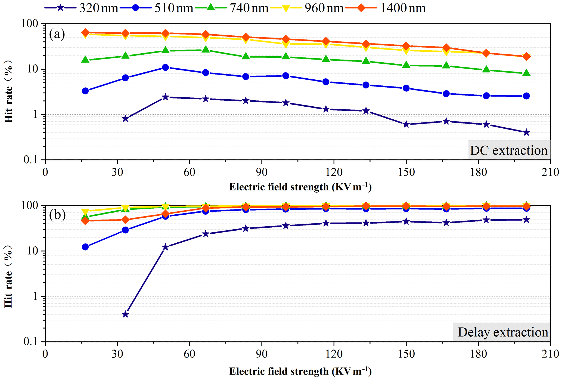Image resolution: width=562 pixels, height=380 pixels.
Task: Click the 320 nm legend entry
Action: pyautogui.click(x=82, y=8)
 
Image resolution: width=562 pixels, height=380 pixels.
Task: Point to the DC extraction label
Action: pyautogui.click(x=509, y=150)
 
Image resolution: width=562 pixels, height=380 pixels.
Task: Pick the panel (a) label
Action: pyautogui.click(x=57, y=34)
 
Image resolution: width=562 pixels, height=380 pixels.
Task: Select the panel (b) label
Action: pyautogui.click(x=57, y=215)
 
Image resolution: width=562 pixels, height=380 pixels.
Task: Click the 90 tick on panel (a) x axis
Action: pyautogui.click(x=262, y=172)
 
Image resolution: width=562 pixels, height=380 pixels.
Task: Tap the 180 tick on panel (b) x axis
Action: pyautogui.click(x=478, y=354)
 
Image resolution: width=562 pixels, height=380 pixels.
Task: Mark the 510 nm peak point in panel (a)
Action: pyautogui.click(x=165, y=67)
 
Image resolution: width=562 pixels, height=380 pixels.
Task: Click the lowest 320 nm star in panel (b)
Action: pyautogui.click(x=125, y=314)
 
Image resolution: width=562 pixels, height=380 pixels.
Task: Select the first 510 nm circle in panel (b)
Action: pyautogui.click(x=85, y=247)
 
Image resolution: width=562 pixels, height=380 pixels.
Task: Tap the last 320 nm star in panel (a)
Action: pyautogui.click(x=526, y=132)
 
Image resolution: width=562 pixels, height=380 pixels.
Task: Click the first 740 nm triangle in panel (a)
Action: pyautogui.click(x=85, y=60)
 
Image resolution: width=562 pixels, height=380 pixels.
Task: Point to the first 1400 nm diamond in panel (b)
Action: pyautogui.click(x=85, y=221)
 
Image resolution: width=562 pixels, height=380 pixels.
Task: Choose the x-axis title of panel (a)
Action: pyautogui.click(x=300, y=187)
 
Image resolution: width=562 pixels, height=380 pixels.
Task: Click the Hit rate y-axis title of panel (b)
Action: pyautogui.click(x=9, y=276)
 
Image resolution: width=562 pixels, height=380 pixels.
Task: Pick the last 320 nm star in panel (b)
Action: pyautogui.click(x=526, y=220)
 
